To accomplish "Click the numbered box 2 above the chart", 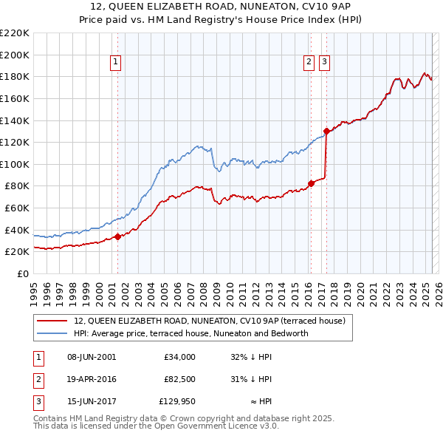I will click(x=309, y=63).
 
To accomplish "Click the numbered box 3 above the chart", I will click(x=325, y=63).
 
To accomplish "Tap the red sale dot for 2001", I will click(x=117, y=236).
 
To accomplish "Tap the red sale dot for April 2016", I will click(x=312, y=183).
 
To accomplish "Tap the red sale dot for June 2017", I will click(x=326, y=131).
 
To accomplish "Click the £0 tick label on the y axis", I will click(x=24, y=273).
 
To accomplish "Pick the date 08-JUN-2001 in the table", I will click(x=92, y=356).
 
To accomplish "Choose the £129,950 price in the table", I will click(x=176, y=402).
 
